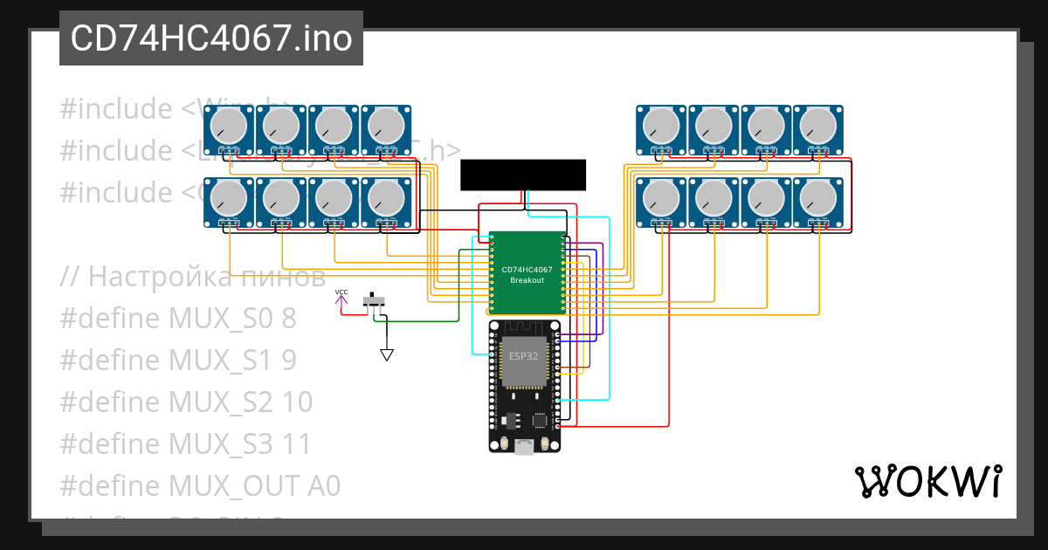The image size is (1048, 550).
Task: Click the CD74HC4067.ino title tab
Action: (210, 38)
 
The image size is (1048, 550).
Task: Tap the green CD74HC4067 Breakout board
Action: (527, 273)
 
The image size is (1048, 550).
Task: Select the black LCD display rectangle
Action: (522, 175)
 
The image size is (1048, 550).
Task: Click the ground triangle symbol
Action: (386, 354)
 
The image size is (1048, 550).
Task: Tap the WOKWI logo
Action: (927, 481)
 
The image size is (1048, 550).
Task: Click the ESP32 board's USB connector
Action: (524, 447)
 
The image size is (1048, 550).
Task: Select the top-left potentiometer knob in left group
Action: (229, 126)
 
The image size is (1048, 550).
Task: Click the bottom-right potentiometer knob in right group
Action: (819, 198)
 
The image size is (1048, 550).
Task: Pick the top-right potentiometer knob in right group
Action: (819, 126)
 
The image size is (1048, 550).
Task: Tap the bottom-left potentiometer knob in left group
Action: (229, 198)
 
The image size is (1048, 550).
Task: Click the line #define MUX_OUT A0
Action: (200, 486)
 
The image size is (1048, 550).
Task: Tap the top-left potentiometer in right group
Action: (662, 126)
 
